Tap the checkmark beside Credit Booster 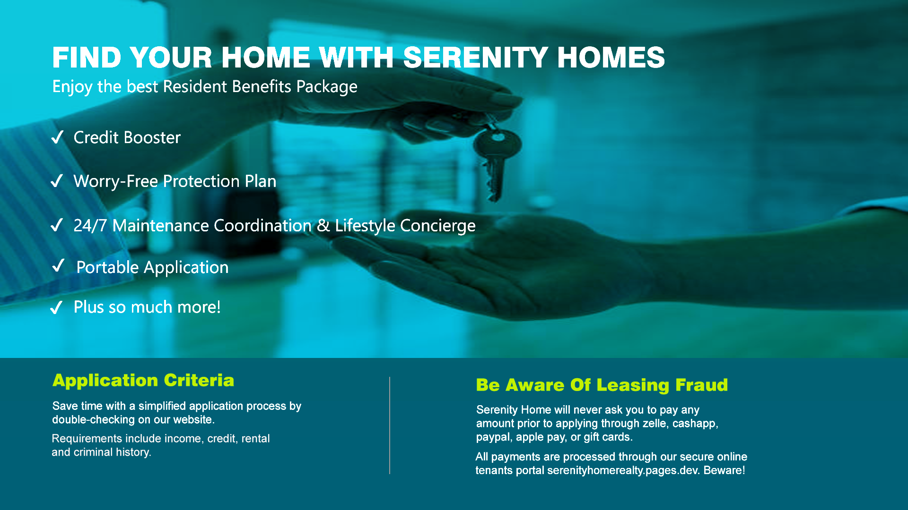(x=57, y=137)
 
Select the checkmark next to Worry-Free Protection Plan (x=57, y=181)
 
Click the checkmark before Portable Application (x=59, y=265)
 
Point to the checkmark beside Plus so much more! (x=57, y=307)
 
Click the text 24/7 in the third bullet (x=90, y=226)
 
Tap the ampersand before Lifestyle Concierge (x=323, y=226)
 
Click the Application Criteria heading (x=143, y=381)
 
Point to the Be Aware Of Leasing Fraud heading (x=602, y=385)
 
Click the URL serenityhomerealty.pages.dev (x=624, y=471)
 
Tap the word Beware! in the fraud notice (x=725, y=470)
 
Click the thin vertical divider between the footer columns (x=390, y=425)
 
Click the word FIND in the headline (x=87, y=58)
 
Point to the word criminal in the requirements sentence (x=93, y=452)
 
